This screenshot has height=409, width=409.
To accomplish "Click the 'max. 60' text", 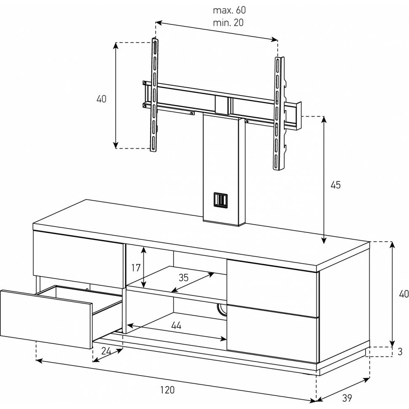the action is pos(229,10).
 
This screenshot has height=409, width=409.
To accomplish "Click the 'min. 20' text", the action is pos(228,23).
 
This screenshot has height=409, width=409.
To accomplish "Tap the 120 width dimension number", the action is pos(167,390).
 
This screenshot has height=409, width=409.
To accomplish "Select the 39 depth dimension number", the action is pos(347,398).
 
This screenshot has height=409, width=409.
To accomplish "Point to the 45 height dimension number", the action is pos(336,185).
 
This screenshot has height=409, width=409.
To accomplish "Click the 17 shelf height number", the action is pos(136,268).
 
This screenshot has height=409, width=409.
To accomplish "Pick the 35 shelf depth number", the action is pos(183,277).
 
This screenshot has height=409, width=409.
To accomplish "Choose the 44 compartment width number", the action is pos(176,325).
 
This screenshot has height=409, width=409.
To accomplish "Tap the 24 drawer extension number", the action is pos(106,351).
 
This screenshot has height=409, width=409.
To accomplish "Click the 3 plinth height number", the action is pos(400,352).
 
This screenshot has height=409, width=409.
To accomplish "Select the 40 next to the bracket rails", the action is pos(101,99).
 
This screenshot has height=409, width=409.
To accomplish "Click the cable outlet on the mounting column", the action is pos(221,199).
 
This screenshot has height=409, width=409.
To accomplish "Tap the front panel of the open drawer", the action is pos(46,319).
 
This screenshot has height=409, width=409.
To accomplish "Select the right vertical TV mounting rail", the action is pos(280,113).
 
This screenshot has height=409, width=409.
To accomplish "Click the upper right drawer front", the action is pos(272,288).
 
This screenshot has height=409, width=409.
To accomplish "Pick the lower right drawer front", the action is pos(272,334).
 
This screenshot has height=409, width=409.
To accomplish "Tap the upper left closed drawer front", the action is pos(78,259).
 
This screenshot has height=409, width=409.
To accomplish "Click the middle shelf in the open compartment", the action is pos(176,283).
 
